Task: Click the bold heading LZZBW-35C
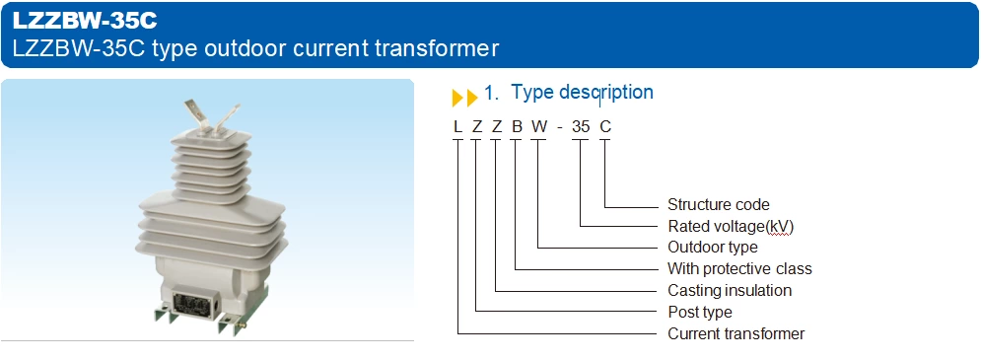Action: pyautogui.click(x=84, y=20)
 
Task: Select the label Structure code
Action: pyautogui.click(x=718, y=205)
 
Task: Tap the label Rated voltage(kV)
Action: pyautogui.click(x=731, y=226)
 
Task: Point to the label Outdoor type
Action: pyautogui.click(x=713, y=247)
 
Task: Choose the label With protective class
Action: pyautogui.click(x=739, y=268)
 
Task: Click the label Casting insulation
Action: pyautogui.click(x=730, y=290)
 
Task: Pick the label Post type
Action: pyautogui.click(x=700, y=312)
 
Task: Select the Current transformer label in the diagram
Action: pyautogui.click(x=736, y=333)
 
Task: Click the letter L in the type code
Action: pyautogui.click(x=457, y=125)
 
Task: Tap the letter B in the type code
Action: pyautogui.click(x=517, y=125)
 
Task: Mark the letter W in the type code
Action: pyautogui.click(x=538, y=125)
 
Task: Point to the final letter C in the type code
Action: pyautogui.click(x=605, y=125)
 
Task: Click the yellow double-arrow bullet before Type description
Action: pyautogui.click(x=464, y=97)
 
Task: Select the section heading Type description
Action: pyautogui.click(x=582, y=93)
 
